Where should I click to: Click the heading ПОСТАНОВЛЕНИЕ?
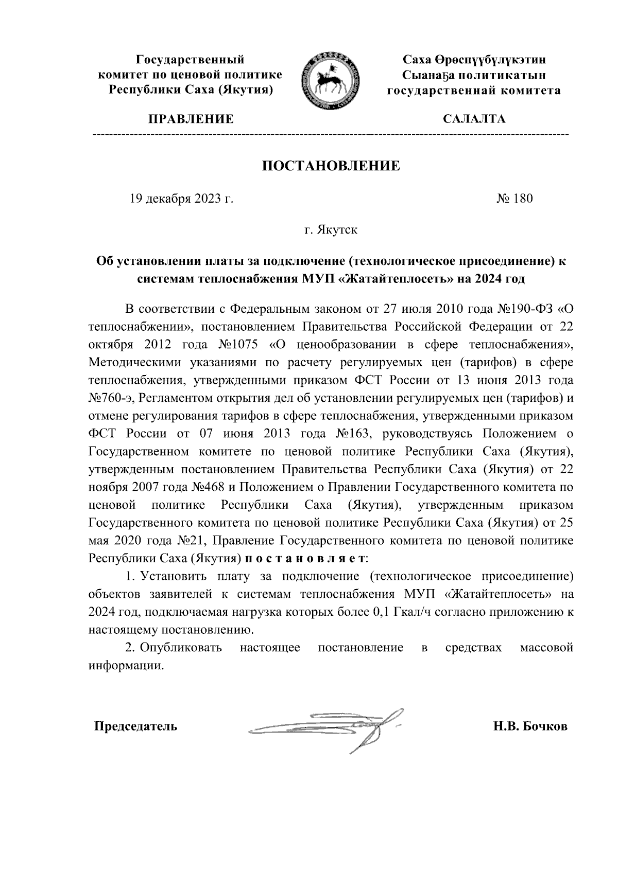(332, 166)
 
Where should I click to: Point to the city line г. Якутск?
(331, 229)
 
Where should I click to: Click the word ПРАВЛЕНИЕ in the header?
(191, 119)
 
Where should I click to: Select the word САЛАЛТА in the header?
(474, 119)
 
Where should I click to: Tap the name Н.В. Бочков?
(530, 726)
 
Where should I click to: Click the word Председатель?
(135, 726)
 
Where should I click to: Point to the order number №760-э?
(111, 398)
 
